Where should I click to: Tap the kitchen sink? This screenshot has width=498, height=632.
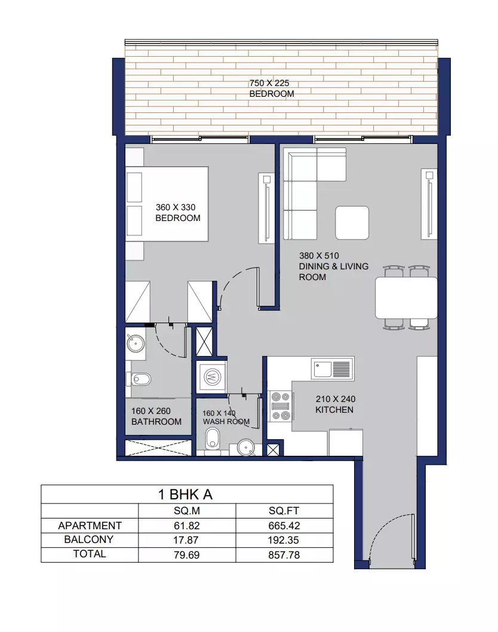(x=333, y=369)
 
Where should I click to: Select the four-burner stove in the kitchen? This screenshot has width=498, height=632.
(x=280, y=406)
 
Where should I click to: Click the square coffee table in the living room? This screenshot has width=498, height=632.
(x=352, y=223)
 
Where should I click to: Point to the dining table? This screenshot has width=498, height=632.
(x=406, y=298)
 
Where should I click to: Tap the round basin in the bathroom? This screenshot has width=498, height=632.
(x=136, y=344)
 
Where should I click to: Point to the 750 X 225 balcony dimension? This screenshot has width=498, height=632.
(x=269, y=83)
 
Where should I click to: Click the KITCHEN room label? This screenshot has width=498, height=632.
(x=334, y=410)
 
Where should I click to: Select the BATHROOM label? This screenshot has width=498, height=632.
(x=156, y=422)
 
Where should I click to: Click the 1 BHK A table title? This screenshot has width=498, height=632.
(x=185, y=495)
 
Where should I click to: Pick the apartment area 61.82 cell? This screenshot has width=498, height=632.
(x=187, y=526)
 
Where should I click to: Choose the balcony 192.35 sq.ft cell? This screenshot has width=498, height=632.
(x=284, y=540)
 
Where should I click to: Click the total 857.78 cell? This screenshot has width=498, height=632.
(x=284, y=555)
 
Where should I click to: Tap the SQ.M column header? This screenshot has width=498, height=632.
(x=187, y=511)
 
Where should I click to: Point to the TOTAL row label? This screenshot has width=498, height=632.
(x=90, y=554)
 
